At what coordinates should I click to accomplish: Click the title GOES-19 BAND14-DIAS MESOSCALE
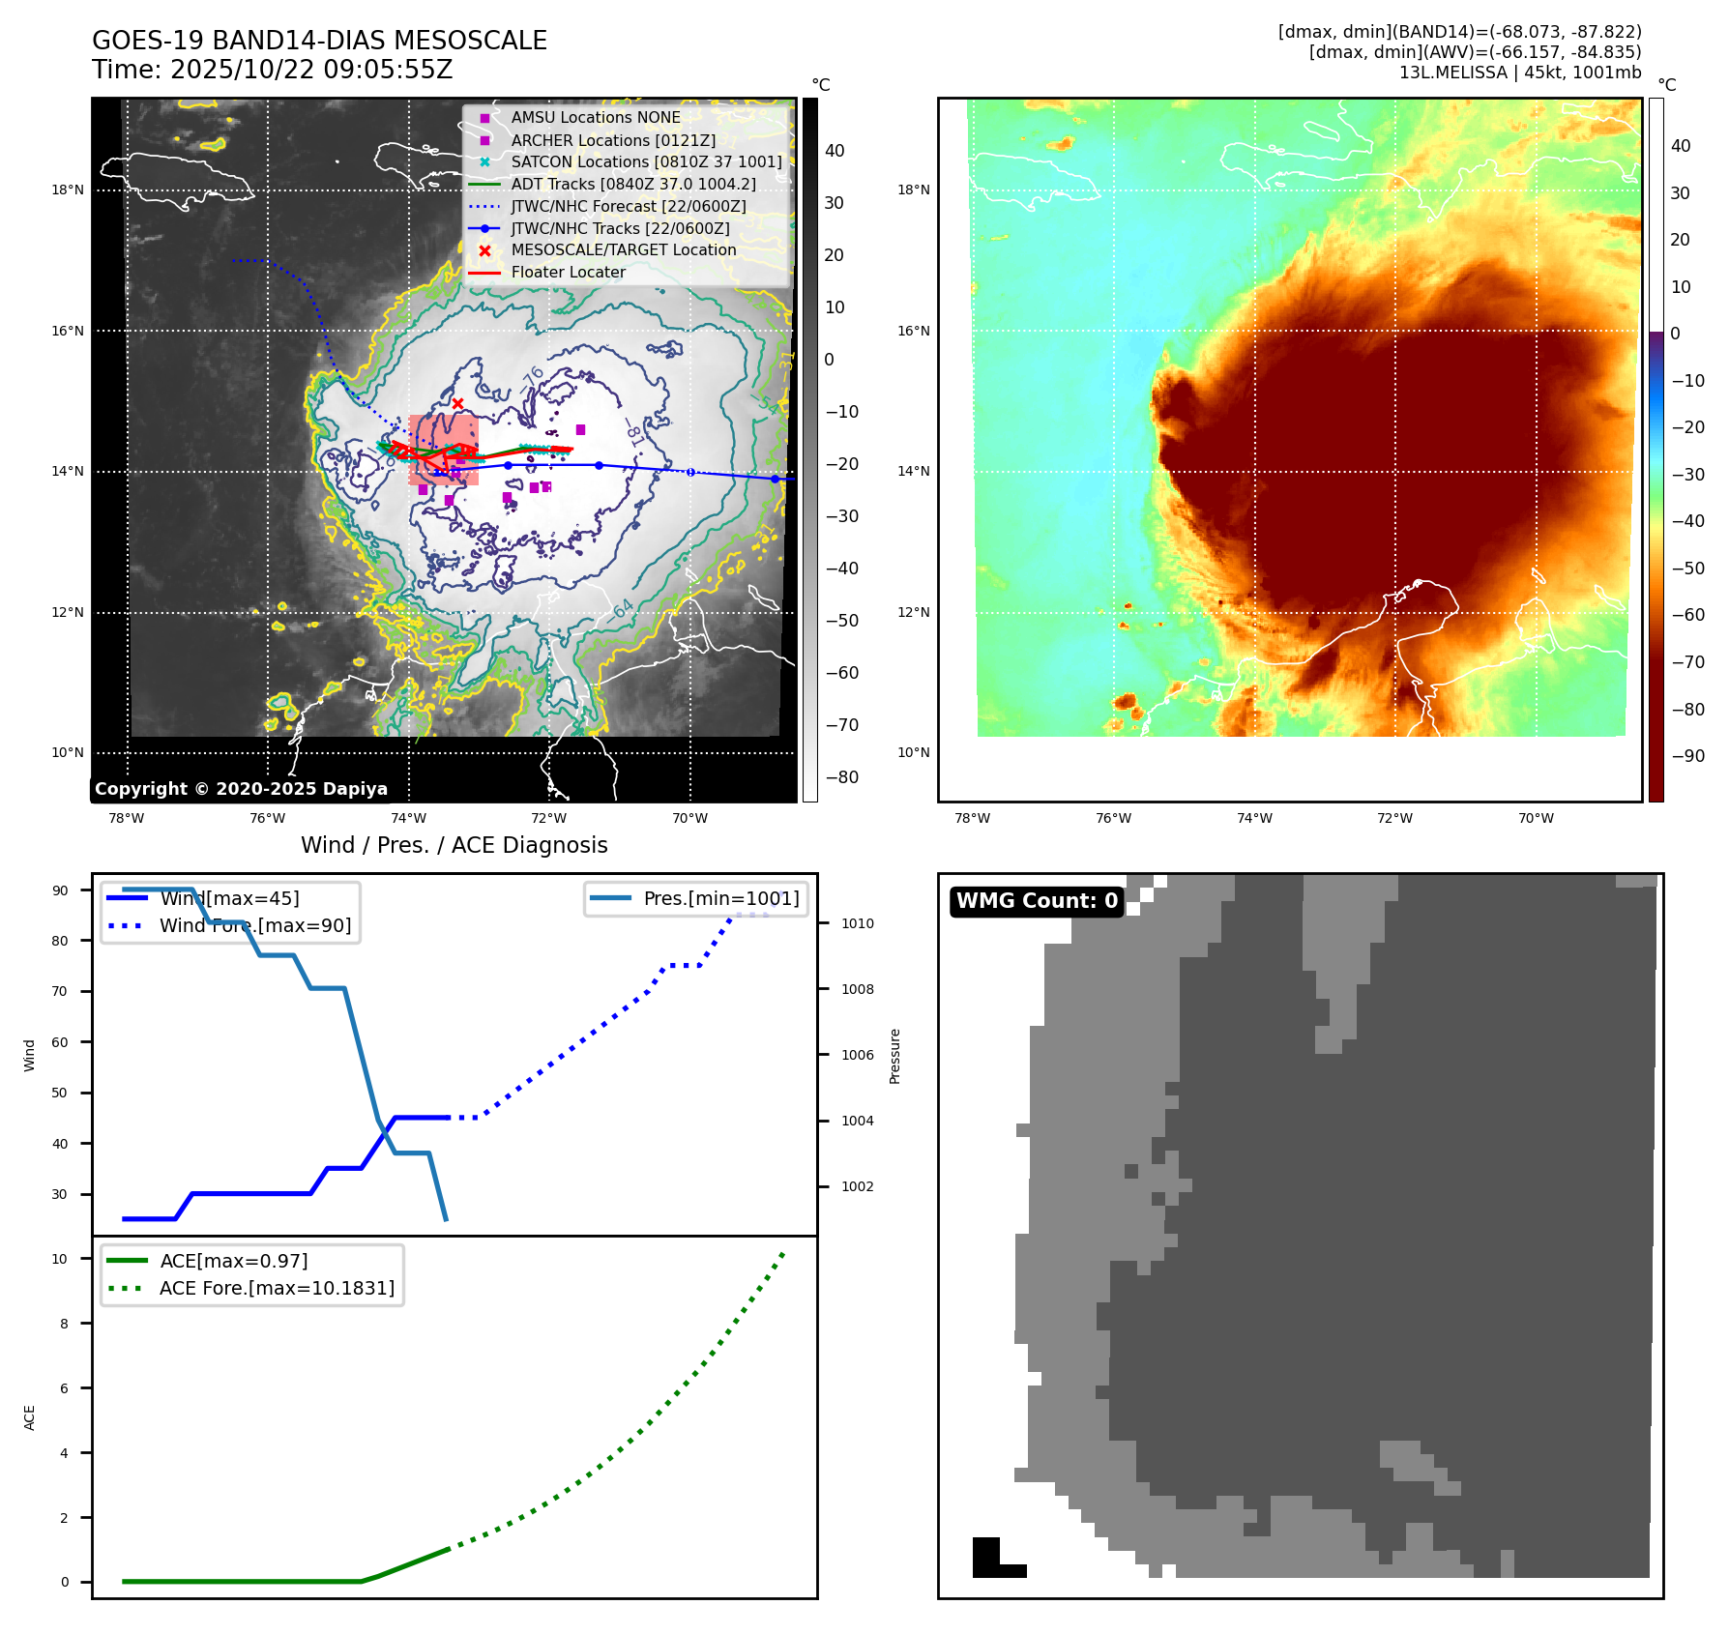point(319,41)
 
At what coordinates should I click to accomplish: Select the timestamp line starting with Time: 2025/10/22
point(272,70)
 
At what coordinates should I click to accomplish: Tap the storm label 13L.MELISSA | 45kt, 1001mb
point(1519,73)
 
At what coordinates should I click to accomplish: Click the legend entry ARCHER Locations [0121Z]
point(612,140)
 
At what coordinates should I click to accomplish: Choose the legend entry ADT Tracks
point(632,184)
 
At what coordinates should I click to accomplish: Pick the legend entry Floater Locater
point(568,272)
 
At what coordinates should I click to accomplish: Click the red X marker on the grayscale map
point(457,404)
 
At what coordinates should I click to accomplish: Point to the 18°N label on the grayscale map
point(68,190)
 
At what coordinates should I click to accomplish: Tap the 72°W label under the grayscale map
point(548,819)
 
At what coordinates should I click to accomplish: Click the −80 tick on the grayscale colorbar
point(841,777)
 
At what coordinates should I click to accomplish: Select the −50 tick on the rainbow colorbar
point(1688,569)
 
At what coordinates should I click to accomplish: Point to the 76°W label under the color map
point(1113,819)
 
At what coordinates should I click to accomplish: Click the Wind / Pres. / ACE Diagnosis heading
point(454,845)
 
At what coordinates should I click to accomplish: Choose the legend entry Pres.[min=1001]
point(720,898)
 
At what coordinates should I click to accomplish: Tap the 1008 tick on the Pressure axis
point(857,989)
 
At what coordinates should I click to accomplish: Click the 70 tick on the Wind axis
point(60,991)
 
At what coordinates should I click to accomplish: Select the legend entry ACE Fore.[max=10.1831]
point(277,1288)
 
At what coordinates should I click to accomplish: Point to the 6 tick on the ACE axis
point(65,1388)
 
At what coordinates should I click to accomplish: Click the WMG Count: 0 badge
point(1037,901)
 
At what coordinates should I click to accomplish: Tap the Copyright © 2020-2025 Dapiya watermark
point(241,789)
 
